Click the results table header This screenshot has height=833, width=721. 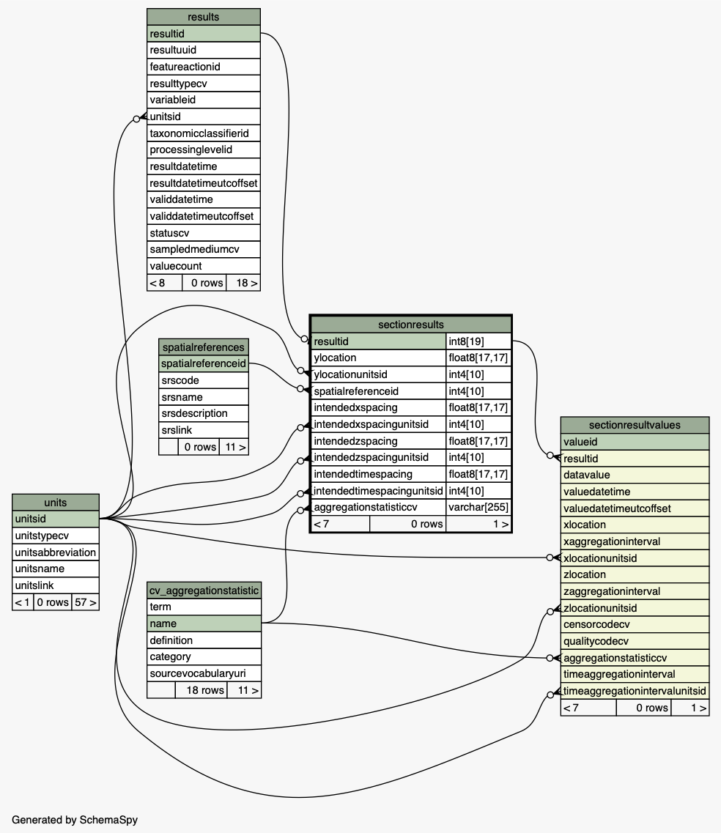tap(204, 17)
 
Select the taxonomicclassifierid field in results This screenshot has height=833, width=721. tap(204, 133)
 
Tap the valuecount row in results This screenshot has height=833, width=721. tap(204, 266)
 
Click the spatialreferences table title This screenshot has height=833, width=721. tap(204, 347)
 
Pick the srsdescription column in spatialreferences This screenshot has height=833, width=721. tap(204, 413)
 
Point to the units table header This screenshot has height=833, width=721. tap(56, 503)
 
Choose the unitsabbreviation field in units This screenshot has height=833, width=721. tap(56, 552)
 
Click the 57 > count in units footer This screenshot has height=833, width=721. tap(86, 602)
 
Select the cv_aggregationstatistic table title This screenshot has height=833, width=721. tap(204, 590)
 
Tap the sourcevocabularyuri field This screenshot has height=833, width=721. tap(204, 673)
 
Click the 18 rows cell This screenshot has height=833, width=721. tap(201, 690)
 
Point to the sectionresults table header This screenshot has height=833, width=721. tap(411, 325)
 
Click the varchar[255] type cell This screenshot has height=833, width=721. tap(478, 507)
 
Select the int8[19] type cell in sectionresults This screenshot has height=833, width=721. tap(478, 341)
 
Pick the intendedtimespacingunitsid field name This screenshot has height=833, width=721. tap(378, 491)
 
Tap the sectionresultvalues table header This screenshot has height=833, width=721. tap(635, 425)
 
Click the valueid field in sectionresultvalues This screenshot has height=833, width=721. tap(635, 442)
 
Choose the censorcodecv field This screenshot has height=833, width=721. tap(635, 625)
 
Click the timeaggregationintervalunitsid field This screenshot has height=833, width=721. tap(635, 691)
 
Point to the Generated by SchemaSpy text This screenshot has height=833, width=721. tap(75, 820)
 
